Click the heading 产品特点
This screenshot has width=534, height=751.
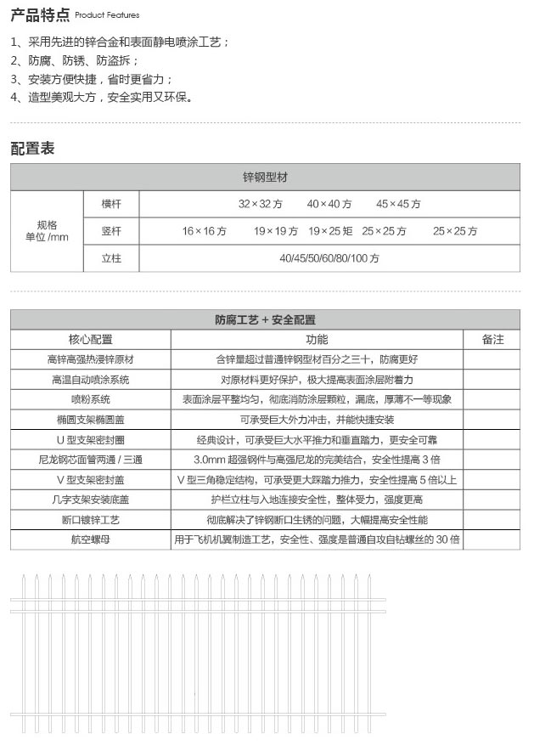40,14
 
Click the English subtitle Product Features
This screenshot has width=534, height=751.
107,16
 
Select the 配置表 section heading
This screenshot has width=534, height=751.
32,148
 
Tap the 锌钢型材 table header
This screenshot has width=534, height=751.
265,178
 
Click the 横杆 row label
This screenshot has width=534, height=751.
111,204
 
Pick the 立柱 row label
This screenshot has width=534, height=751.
111,258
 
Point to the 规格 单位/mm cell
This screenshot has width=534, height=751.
47,231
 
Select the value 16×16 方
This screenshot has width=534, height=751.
204,231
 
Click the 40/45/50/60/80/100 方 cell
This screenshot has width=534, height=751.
329,258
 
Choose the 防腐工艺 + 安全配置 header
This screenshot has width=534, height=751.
265,320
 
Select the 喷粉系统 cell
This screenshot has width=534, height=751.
91,399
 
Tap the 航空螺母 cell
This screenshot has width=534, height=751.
91,539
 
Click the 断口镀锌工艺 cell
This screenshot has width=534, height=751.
91,519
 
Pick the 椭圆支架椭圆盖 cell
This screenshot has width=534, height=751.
91,420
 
